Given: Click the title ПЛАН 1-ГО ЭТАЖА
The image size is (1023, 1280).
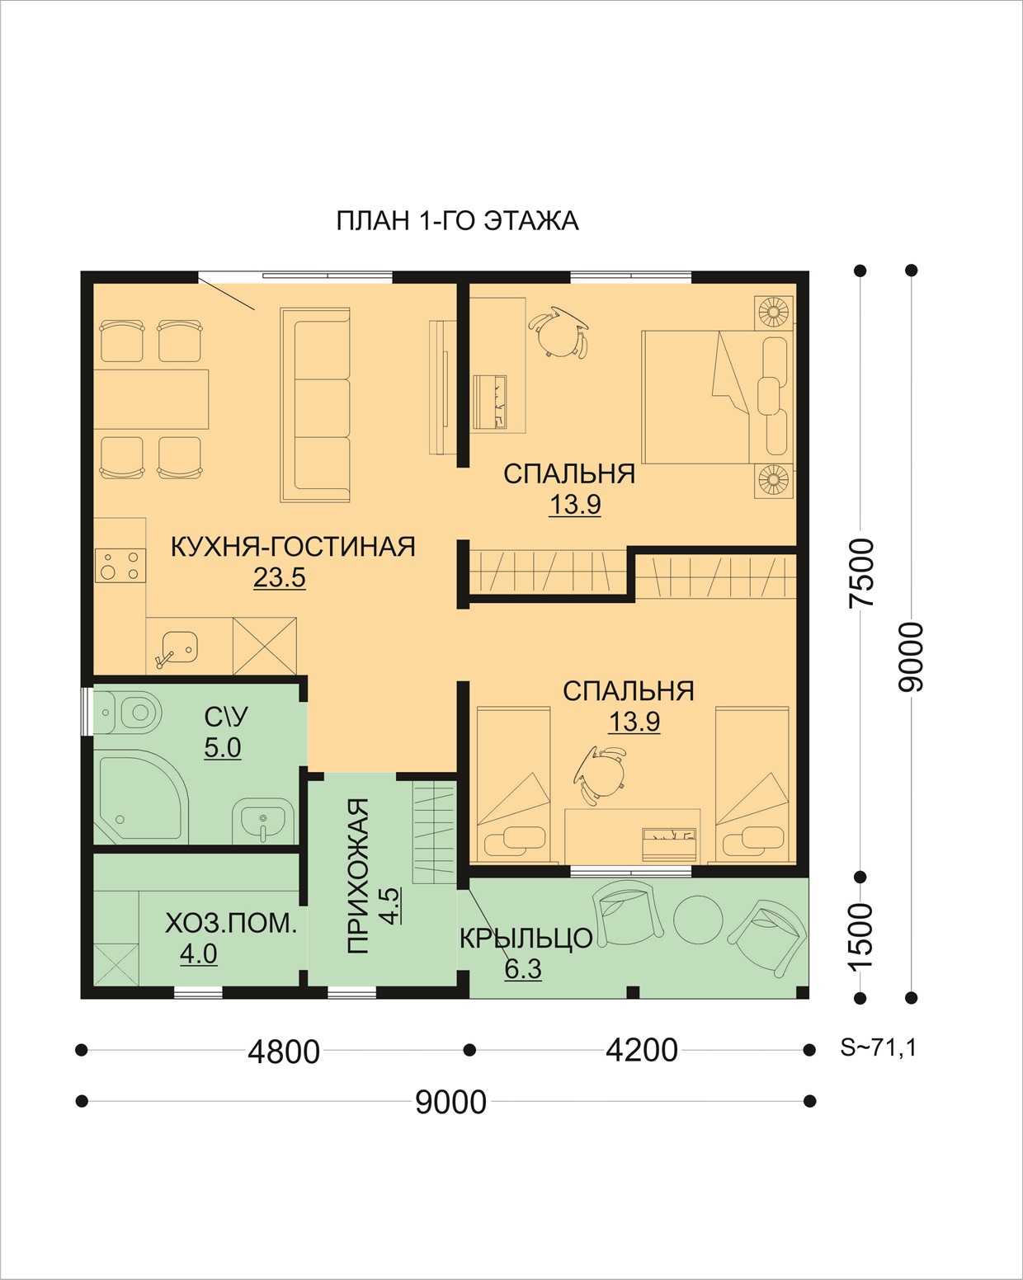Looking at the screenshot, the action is pos(457,221).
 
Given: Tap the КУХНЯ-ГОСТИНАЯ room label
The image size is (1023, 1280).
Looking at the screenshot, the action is pos(293,547).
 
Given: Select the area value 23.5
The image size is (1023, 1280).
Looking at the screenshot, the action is pos(279,577).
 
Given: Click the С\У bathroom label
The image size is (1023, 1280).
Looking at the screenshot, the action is pos(225,718).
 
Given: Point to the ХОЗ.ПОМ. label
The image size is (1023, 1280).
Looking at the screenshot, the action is pos(230,924).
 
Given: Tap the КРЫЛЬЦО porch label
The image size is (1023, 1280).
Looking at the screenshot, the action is pos(526,939).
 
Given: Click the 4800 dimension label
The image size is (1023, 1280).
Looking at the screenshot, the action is pos(284,1052).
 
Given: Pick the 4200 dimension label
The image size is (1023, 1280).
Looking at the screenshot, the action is pos(642,1051).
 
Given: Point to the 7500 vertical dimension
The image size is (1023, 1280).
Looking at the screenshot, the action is pos(862,573).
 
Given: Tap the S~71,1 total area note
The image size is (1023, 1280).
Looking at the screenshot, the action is pos(879,1047).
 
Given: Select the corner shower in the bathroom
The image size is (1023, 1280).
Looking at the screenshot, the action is pos(140,797).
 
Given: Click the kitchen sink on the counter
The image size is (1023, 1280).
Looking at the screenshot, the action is pos(177,648).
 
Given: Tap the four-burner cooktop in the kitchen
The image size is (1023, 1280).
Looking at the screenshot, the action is pos(120,565).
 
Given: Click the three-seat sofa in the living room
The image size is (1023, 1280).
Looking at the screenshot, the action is pos(315,405).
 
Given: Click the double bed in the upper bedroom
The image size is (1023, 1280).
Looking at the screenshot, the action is pos(717,398).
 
